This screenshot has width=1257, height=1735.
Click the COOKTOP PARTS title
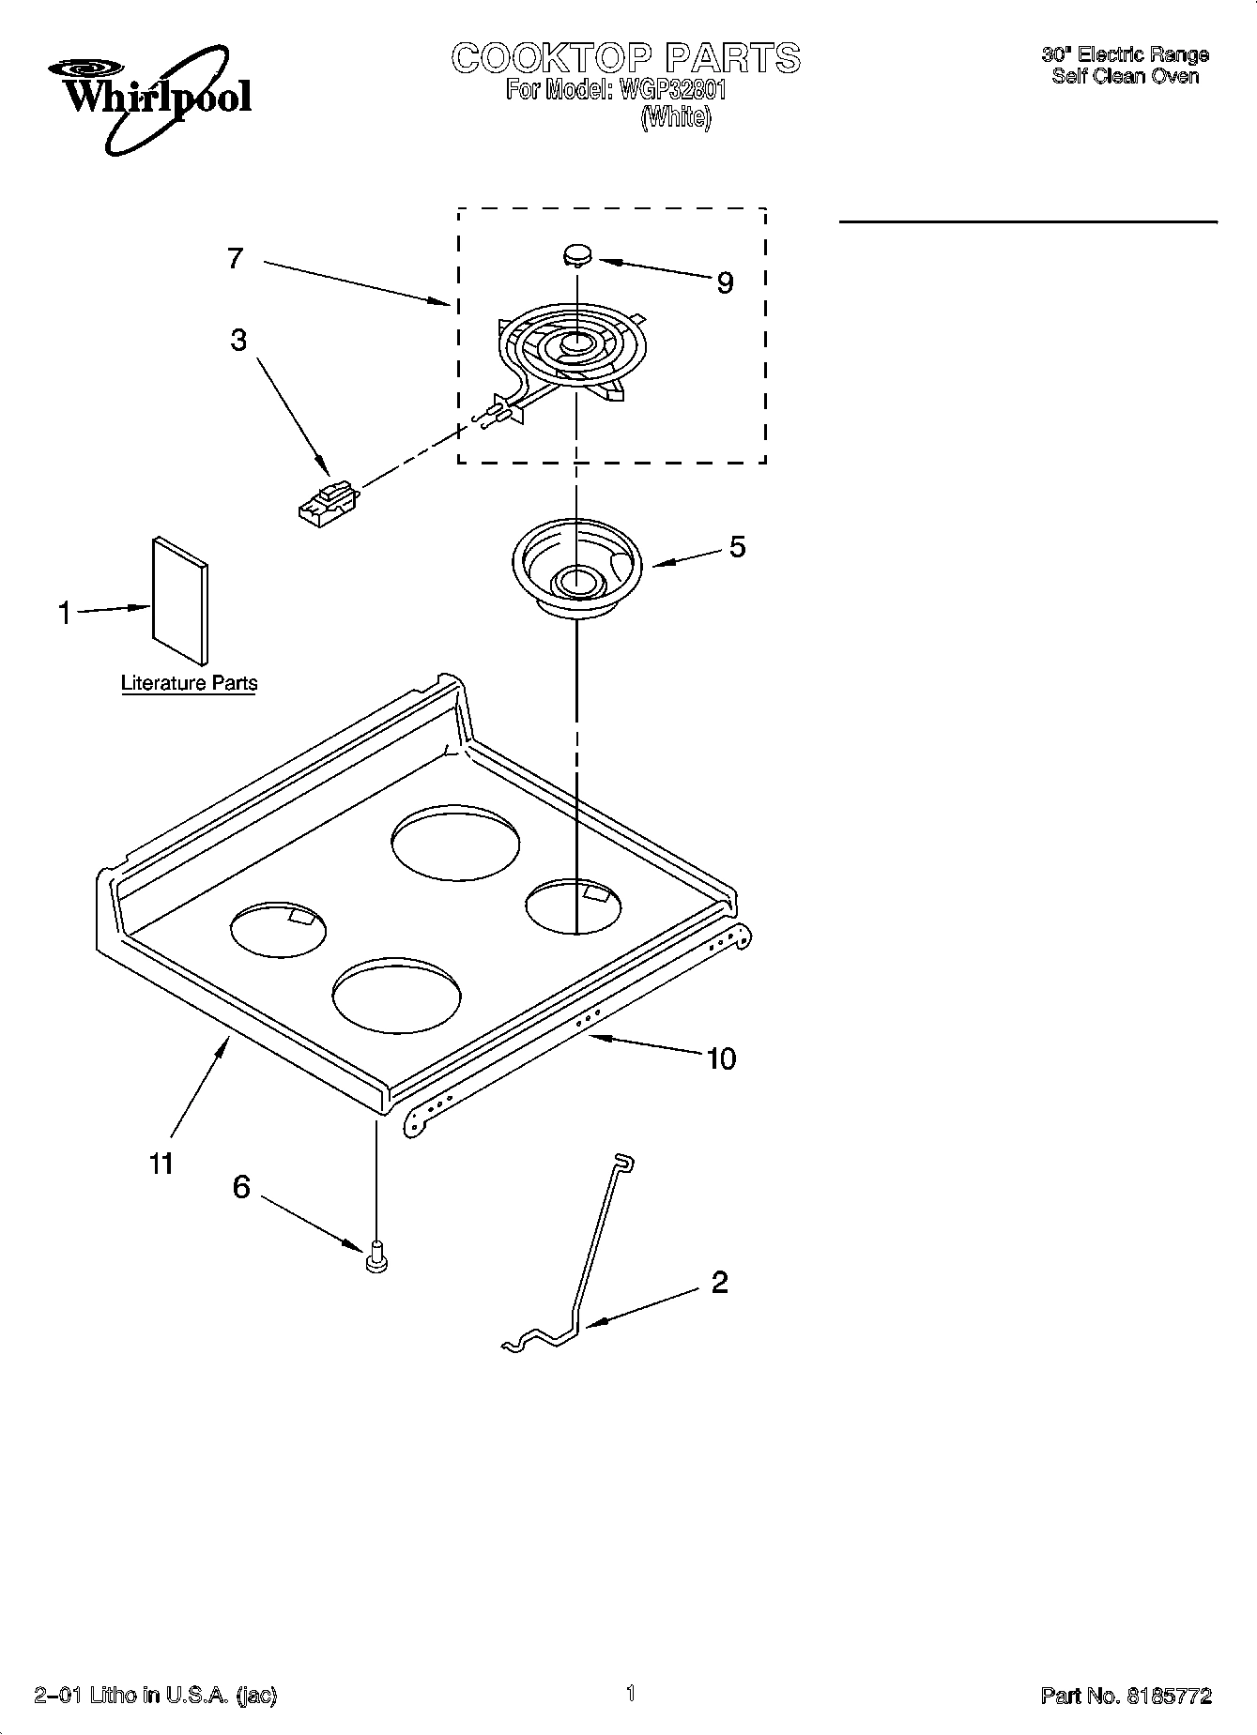[626, 58]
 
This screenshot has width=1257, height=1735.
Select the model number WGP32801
[670, 91]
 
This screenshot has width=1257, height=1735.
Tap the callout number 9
[725, 282]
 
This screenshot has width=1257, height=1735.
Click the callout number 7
[236, 258]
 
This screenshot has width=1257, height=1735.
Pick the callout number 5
[738, 546]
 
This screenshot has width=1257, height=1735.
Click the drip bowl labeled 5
[575, 571]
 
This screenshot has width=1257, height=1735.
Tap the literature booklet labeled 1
[180, 601]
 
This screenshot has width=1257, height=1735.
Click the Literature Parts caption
[189, 683]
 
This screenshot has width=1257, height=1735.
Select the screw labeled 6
[376, 1256]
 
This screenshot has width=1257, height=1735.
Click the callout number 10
[721, 1058]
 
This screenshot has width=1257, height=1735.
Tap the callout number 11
[161, 1164]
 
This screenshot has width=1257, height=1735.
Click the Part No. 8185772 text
[1126, 1696]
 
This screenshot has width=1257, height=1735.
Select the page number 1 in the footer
[631, 1693]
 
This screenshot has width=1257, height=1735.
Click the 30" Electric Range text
[1125, 54]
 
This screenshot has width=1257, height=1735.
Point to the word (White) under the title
[676, 118]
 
